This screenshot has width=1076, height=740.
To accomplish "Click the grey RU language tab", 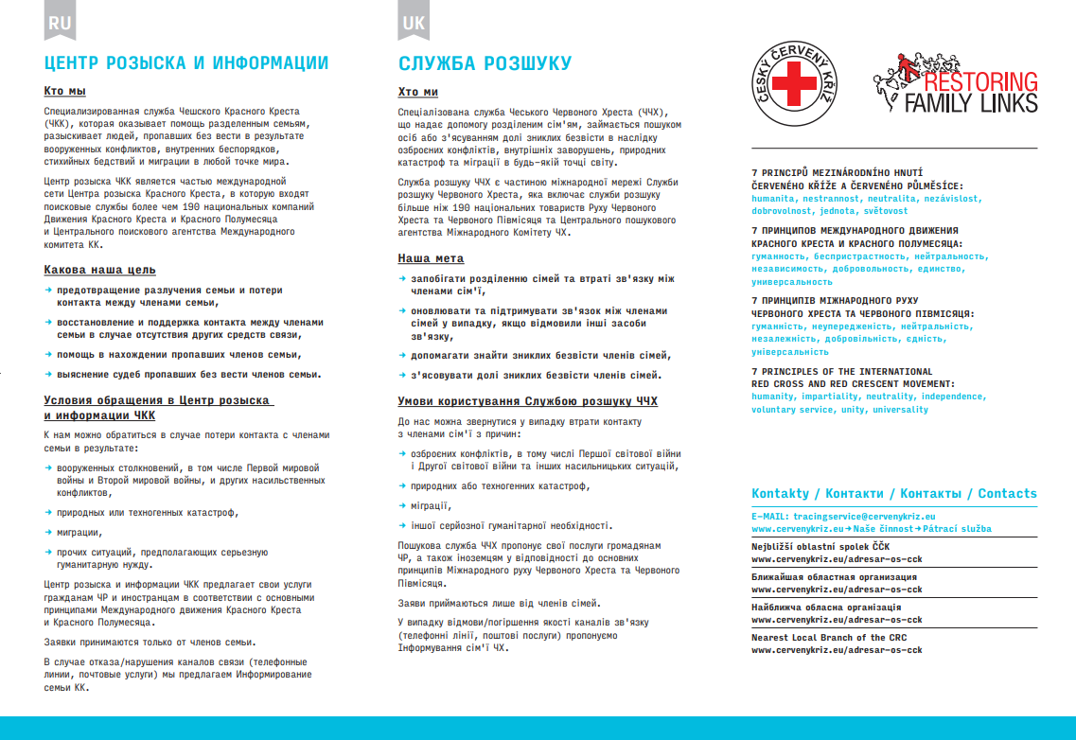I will (x=60, y=23).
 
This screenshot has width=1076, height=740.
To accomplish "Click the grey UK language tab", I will (x=414, y=23).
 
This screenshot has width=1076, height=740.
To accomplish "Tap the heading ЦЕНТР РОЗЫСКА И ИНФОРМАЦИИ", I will (x=186, y=63).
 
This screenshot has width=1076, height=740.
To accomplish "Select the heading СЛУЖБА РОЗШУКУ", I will (x=485, y=63).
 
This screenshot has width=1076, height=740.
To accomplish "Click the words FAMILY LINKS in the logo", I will (x=970, y=102).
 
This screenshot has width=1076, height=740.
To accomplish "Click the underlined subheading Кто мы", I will (x=65, y=91).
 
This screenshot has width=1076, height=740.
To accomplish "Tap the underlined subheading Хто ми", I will (x=418, y=92).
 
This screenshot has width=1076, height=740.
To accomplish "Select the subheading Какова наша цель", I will (x=100, y=270).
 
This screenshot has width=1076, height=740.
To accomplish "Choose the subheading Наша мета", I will (x=431, y=258).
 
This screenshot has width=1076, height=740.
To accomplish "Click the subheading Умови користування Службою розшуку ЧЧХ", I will (x=527, y=401).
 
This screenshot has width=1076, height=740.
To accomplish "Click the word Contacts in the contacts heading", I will (x=1007, y=493).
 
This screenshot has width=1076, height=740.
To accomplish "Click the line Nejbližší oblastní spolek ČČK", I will (x=820, y=547).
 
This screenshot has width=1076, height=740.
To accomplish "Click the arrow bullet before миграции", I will (x=48, y=532).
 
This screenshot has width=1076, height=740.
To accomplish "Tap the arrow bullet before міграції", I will (x=402, y=505).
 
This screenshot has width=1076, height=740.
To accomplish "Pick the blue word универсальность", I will (x=793, y=282).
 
